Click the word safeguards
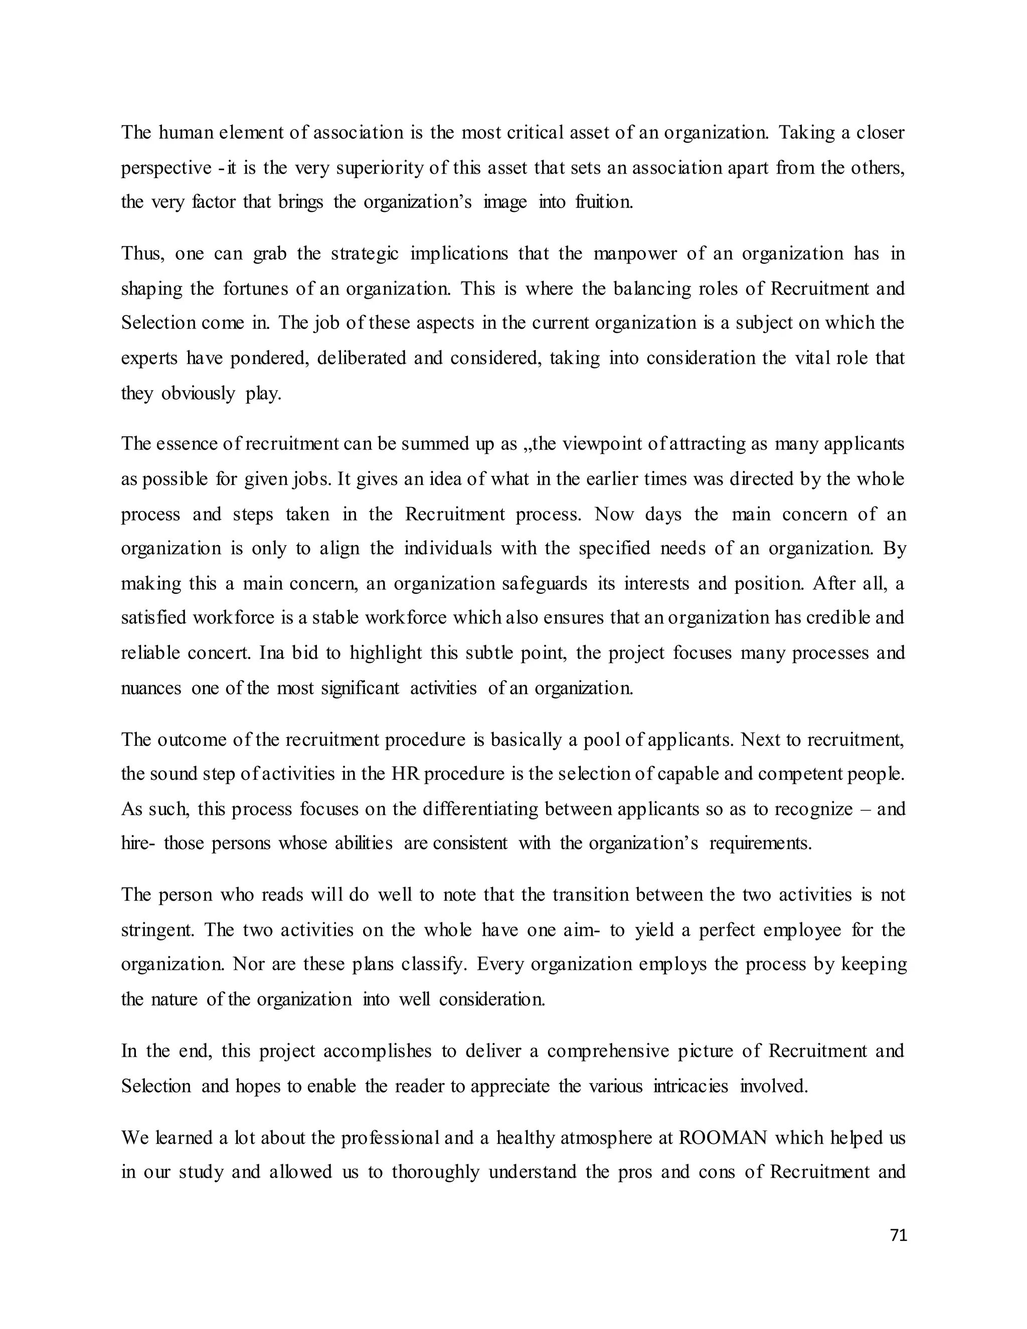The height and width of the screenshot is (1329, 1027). (x=545, y=584)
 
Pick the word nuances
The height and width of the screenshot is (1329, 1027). (x=151, y=688)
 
